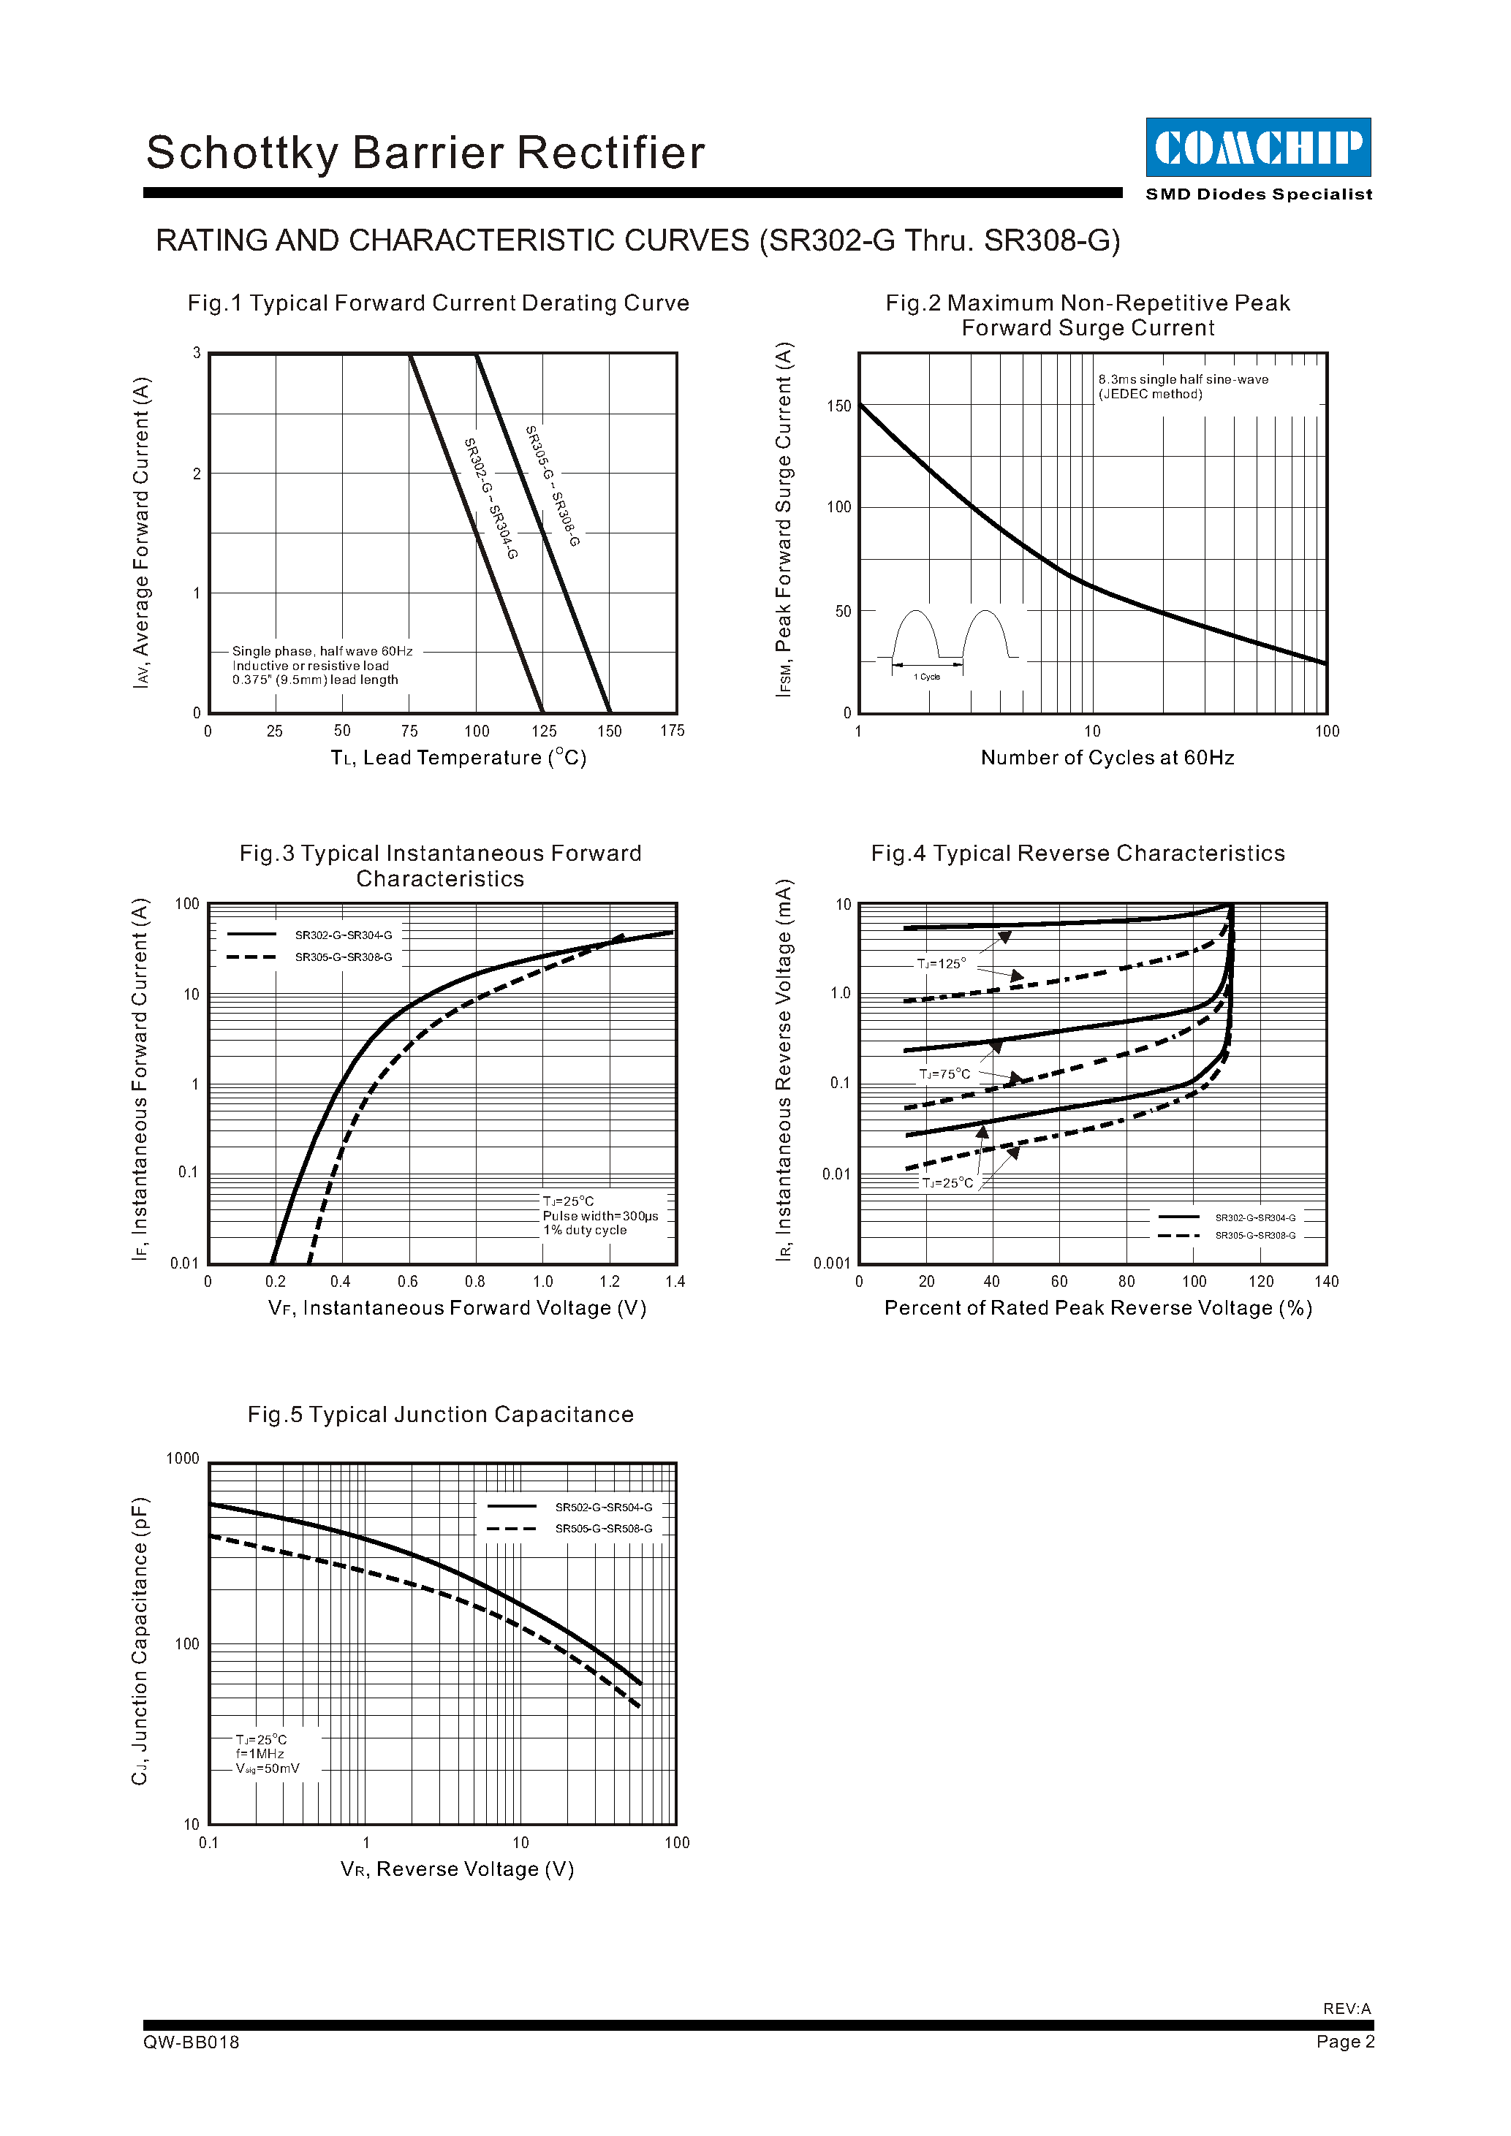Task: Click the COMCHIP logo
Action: point(1257,147)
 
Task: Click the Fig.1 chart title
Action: point(438,303)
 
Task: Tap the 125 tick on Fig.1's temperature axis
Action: point(543,731)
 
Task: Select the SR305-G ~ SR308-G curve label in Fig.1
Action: point(553,486)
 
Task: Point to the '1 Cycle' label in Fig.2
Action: point(927,677)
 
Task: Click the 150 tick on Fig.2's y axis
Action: point(838,406)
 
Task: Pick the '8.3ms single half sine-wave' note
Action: point(1183,379)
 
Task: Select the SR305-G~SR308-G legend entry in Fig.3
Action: point(344,957)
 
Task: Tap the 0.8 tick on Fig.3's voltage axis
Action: point(474,1282)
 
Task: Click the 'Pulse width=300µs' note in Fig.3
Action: point(600,1216)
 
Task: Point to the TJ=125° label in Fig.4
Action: point(942,964)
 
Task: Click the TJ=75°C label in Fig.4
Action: point(944,1074)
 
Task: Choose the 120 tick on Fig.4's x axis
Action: point(1261,1282)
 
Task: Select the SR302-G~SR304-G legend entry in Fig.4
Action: point(1254,1217)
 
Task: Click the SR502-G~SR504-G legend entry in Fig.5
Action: point(603,1507)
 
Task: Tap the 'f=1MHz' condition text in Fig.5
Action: point(260,1754)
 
